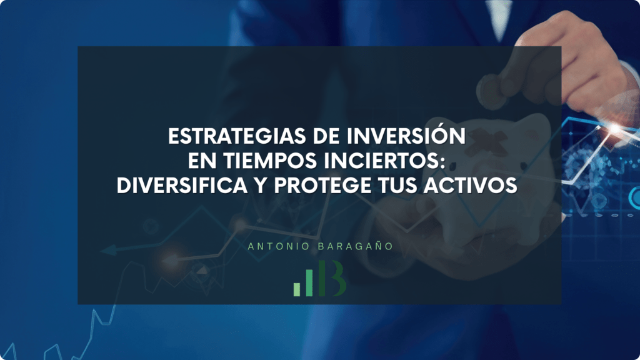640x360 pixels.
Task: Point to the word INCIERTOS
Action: tap(382, 161)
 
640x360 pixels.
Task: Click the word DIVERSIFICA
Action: tap(182, 186)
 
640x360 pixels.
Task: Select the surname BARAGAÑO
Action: tap(356, 246)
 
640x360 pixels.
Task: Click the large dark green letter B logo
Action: tap(332, 278)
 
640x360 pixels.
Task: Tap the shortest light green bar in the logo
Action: tap(297, 289)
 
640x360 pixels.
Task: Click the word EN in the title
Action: tap(202, 161)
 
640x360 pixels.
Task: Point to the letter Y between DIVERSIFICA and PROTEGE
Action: tap(261, 186)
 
